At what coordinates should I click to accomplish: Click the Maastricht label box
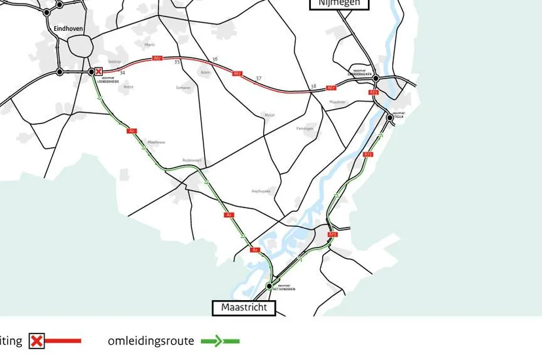(x=244, y=307)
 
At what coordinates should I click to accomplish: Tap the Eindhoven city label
(x=69, y=28)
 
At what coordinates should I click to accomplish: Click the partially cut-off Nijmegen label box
(x=339, y=4)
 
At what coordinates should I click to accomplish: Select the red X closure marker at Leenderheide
(x=99, y=71)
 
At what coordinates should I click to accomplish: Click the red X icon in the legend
(x=37, y=341)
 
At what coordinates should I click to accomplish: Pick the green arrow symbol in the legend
(x=220, y=341)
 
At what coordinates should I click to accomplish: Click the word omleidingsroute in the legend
(x=151, y=341)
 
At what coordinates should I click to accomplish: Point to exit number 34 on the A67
(x=122, y=73)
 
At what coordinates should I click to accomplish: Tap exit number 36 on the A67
(x=215, y=60)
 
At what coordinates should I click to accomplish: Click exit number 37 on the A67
(x=259, y=78)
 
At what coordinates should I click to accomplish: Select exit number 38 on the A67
(x=314, y=86)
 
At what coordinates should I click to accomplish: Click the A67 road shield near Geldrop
(x=157, y=59)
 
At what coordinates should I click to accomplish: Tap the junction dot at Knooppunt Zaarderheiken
(x=376, y=78)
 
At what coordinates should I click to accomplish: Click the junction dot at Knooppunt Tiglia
(x=390, y=118)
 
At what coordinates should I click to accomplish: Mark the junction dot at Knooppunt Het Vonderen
(x=269, y=286)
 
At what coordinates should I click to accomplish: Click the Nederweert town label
(x=192, y=160)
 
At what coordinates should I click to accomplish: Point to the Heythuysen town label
(x=261, y=191)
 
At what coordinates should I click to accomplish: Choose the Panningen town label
(x=305, y=128)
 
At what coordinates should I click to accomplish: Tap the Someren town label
(x=183, y=88)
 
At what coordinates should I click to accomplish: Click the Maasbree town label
(x=337, y=102)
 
